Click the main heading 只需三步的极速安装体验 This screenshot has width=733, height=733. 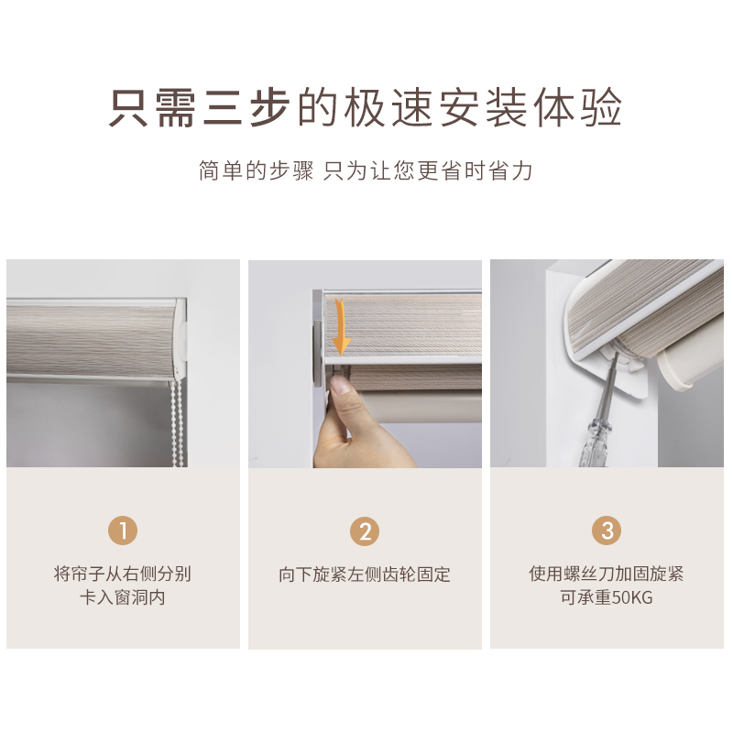click(366, 108)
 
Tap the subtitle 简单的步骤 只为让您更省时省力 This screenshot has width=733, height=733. click(366, 170)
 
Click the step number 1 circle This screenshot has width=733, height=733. click(123, 531)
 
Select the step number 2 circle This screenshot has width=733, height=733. click(365, 531)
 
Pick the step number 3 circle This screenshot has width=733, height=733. click(607, 531)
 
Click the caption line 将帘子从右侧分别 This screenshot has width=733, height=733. click(123, 574)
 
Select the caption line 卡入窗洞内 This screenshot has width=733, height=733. click(123, 598)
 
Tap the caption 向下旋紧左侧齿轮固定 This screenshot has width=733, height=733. click(365, 575)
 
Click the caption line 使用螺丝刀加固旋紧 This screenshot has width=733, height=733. click(607, 574)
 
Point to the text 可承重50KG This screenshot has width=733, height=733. click(607, 598)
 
